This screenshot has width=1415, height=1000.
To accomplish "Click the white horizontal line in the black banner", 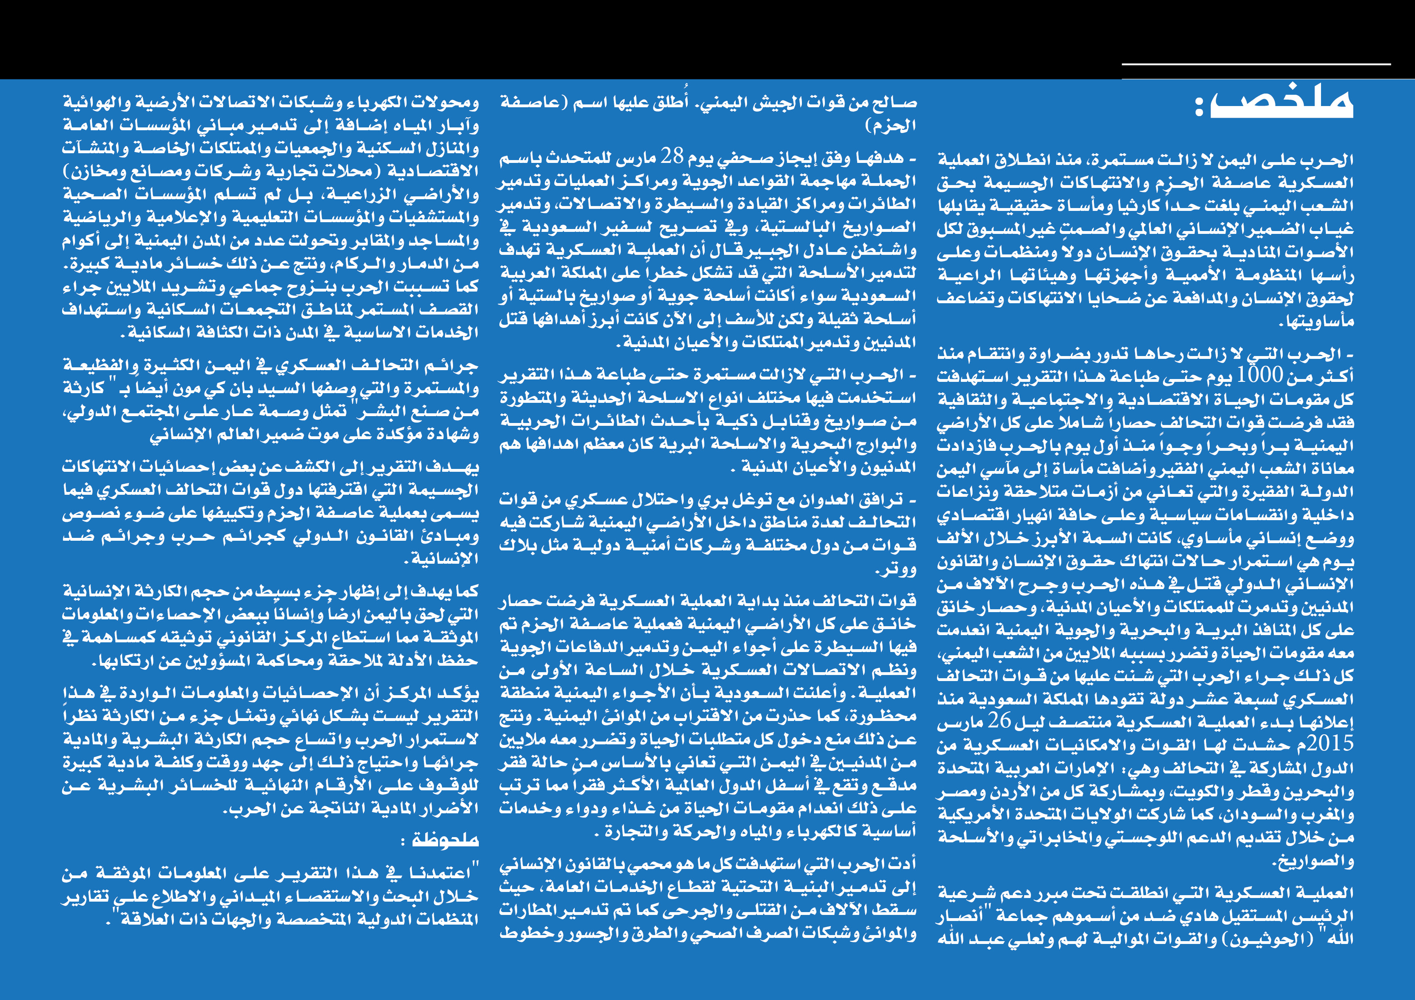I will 1256,64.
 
